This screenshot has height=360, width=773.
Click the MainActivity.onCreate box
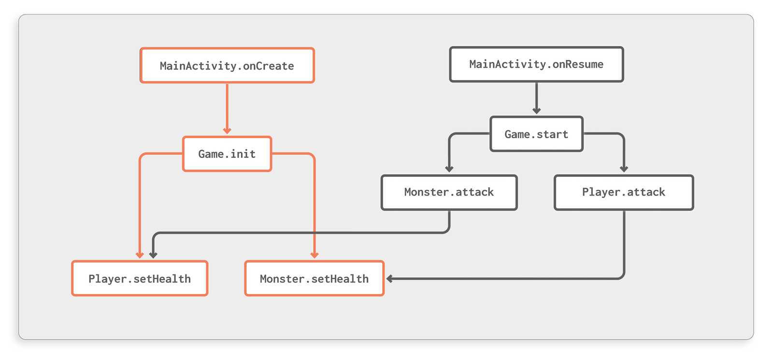coord(227,65)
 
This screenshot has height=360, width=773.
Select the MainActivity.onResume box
coord(536,64)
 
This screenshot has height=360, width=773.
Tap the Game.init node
coord(227,154)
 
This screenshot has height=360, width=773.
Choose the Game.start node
coord(536,134)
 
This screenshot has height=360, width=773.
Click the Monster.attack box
coord(449,192)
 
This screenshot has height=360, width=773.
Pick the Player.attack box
coord(623,192)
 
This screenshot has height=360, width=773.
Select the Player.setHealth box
coord(140,278)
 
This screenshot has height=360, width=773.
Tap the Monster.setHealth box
coord(314,278)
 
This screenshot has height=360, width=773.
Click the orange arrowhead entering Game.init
coord(227,130)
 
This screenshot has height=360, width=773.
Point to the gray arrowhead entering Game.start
coord(536,111)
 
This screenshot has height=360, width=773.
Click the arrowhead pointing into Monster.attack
coord(449,169)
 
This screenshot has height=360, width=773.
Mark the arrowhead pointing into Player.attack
coord(624,169)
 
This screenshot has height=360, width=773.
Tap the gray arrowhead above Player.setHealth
coord(153,255)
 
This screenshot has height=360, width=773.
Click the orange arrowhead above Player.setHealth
coord(140,255)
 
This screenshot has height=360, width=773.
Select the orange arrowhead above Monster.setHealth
coord(315,255)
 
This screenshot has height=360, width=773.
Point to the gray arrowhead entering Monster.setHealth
coord(389,279)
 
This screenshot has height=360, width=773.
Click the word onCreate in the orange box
coord(268,66)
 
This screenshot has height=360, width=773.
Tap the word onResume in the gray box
coord(578,64)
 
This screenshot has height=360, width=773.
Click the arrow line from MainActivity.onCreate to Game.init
coord(227,106)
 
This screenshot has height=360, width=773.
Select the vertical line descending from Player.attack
coord(624,242)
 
